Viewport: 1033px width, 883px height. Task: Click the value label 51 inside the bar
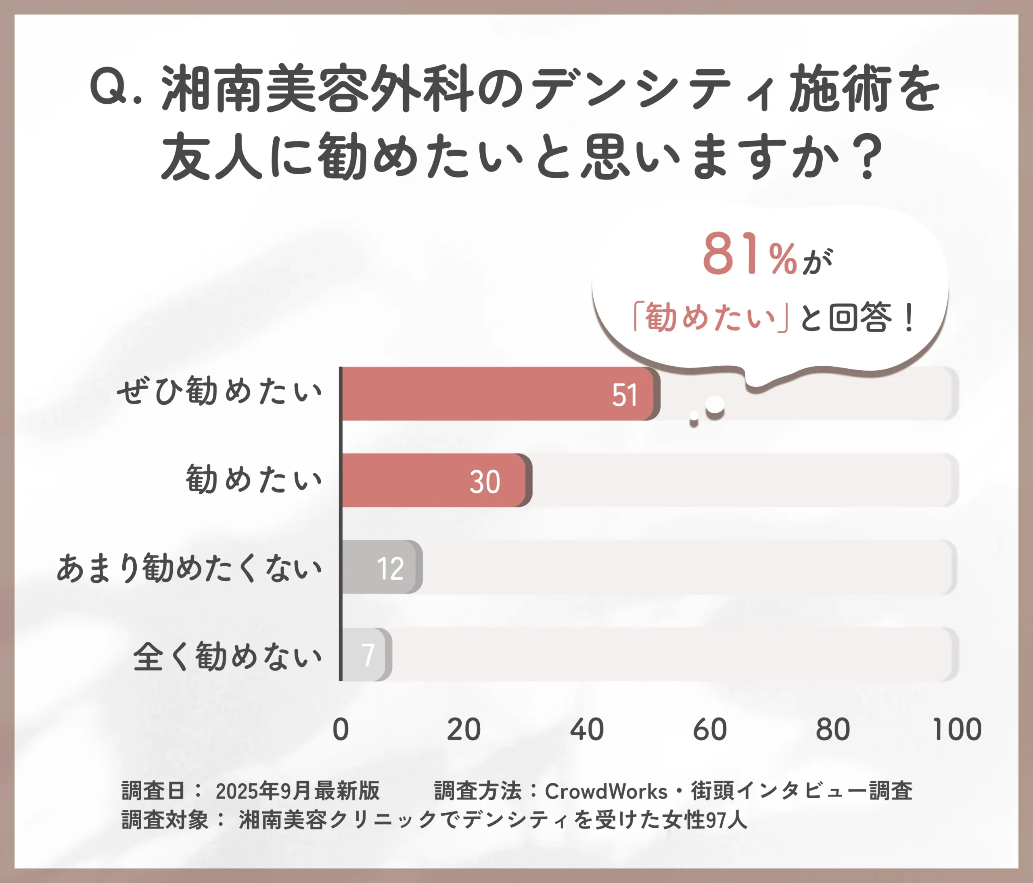(624, 396)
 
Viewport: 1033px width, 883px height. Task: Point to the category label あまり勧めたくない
(189, 568)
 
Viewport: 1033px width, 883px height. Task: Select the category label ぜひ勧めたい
(220, 392)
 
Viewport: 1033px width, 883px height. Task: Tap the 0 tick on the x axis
(341, 730)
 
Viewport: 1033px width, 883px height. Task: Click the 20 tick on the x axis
(463, 730)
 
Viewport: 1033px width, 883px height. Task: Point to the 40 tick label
(586, 730)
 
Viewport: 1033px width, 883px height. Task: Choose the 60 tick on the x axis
(709, 730)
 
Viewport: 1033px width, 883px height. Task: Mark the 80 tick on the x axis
(832, 730)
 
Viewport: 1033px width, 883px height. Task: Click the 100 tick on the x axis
(956, 730)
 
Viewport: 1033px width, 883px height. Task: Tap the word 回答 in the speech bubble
(859, 317)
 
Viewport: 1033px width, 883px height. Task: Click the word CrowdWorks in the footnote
(606, 792)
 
